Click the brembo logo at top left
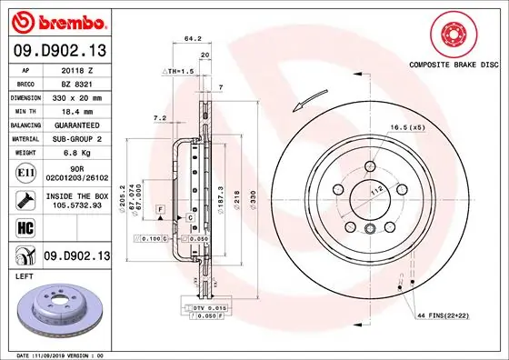click(x=57, y=20)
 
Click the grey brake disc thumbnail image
click(x=56, y=309)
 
